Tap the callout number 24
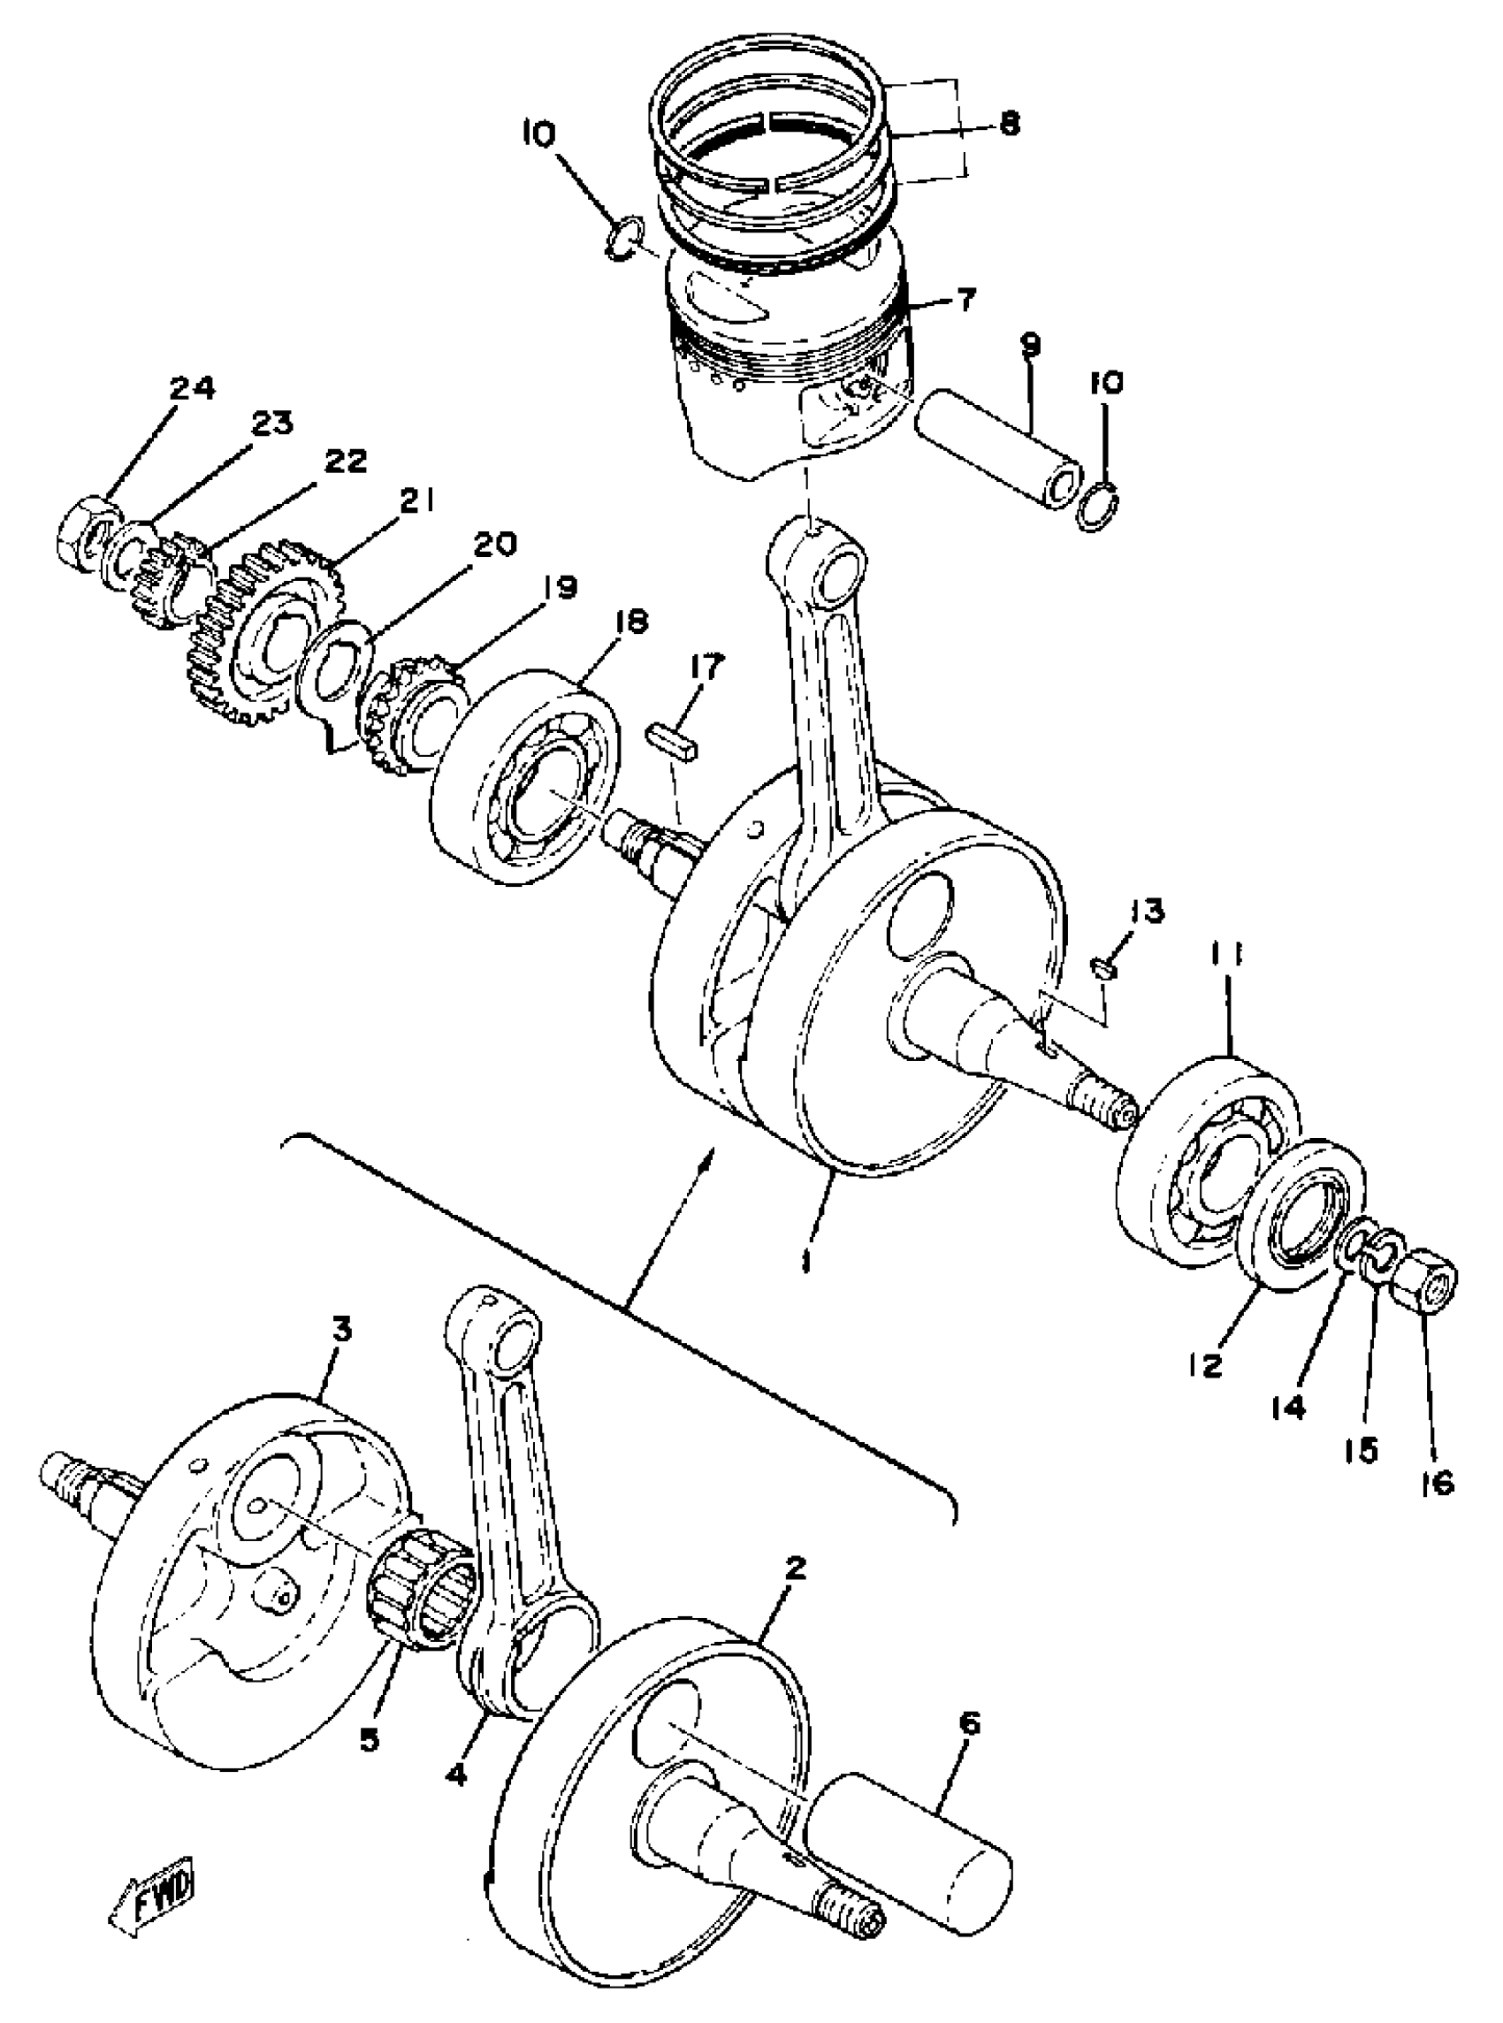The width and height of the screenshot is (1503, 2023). pyautogui.click(x=192, y=389)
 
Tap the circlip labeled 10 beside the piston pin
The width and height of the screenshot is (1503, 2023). pyautogui.click(x=1098, y=506)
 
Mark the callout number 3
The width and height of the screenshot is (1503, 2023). pyautogui.click(x=340, y=1330)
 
